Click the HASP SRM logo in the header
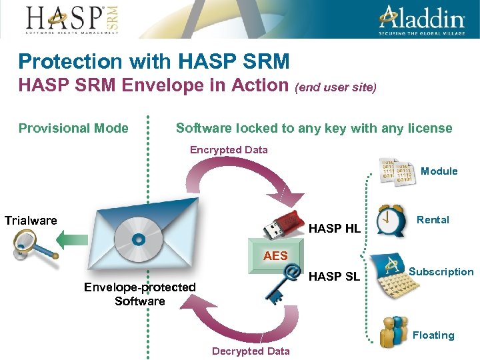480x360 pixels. pos(73,19)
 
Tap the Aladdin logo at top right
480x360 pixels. pos(422,19)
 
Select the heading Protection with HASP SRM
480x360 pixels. pos(154,62)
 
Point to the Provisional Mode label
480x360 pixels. pos(73,128)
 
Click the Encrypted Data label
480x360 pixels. pos(229,150)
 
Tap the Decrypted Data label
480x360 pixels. pos(251,351)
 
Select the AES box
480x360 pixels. pos(275,255)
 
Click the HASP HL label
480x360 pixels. pos(335,229)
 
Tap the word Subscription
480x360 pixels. pos(441,272)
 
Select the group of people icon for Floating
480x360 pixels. pos(392,331)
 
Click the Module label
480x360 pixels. pos(439,171)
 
